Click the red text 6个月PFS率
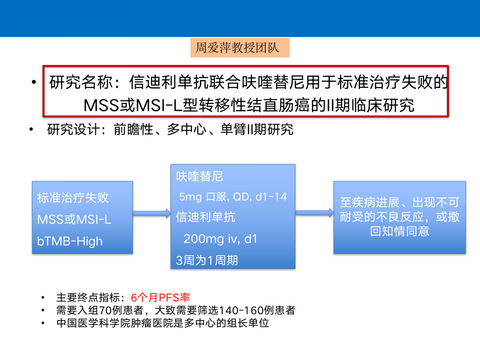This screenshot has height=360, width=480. (160, 298)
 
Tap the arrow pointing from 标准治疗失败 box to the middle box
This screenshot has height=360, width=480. (152, 214)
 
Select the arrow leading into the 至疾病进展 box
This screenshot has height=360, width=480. (314, 213)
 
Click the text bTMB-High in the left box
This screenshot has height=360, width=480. (70, 241)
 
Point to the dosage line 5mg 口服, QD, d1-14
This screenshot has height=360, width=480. (233, 197)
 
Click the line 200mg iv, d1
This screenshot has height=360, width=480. (220, 239)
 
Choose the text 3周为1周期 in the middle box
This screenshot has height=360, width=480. (207, 260)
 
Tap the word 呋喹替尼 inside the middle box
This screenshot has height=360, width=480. (200, 176)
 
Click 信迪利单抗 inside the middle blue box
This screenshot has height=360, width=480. (205, 217)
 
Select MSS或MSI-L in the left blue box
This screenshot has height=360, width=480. (74, 220)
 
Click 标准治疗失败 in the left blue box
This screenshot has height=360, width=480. (73, 198)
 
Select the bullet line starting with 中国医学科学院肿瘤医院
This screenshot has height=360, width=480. (163, 323)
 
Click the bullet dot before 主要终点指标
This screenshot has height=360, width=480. (43, 298)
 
